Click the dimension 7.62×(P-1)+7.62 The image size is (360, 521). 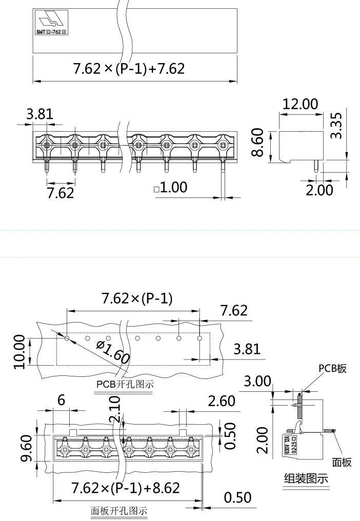tap(129, 68)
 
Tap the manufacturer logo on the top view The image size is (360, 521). tap(52, 21)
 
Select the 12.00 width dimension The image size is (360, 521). tap(300, 104)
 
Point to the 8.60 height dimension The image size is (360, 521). tap(258, 143)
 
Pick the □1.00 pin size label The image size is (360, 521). tap(171, 188)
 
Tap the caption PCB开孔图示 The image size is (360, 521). tap(125, 384)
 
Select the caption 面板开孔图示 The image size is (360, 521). tap(118, 511)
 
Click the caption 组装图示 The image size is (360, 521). tap(306, 478)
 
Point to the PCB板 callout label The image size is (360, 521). tap(332, 368)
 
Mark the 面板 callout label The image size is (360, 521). tap(342, 463)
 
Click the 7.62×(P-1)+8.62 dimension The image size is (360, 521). tap(126, 487)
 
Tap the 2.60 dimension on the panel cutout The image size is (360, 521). tap(221, 400)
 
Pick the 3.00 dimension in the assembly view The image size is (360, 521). tap(257, 382)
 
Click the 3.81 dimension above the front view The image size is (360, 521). tap(40, 113)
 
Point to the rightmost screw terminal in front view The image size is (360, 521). tap(223, 146)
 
